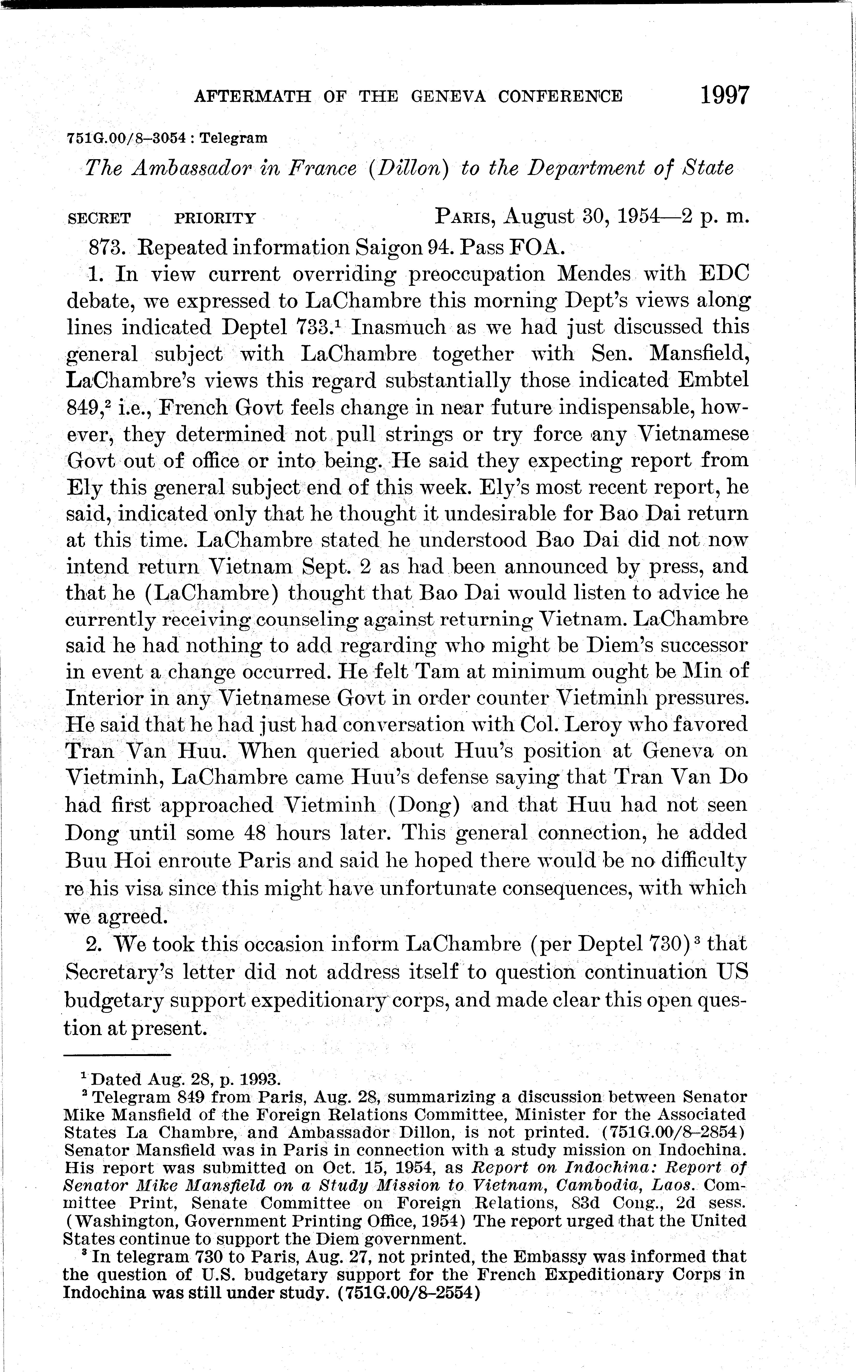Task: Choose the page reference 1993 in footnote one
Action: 254,1079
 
